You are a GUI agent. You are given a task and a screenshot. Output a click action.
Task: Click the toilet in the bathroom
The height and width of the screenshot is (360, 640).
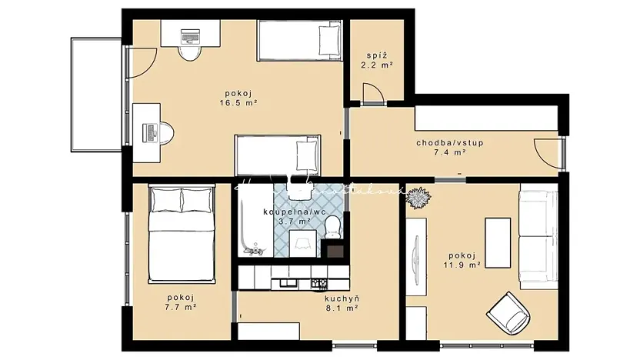[x=333, y=226]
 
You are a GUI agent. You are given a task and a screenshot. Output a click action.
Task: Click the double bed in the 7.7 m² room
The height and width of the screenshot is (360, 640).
[x=181, y=233]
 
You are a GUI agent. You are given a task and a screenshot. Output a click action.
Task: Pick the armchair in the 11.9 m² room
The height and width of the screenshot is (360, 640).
[x=509, y=312]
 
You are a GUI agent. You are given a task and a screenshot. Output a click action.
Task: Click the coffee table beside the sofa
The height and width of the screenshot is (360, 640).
[x=497, y=242]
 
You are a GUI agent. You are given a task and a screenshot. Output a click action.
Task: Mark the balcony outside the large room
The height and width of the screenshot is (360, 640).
[x=95, y=94]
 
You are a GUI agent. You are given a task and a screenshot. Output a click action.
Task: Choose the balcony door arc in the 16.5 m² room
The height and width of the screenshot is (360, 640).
[x=139, y=61]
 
